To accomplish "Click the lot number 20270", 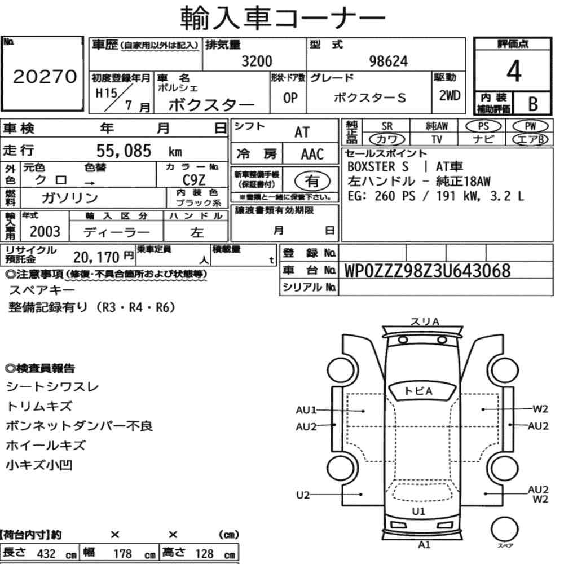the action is (x=45, y=77).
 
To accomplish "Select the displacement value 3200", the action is (x=257, y=61).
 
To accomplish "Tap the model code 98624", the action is (x=389, y=61).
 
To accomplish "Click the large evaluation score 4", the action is (x=514, y=71).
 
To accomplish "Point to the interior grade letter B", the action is (x=533, y=104).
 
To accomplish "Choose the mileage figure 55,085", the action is (x=124, y=151).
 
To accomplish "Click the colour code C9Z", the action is (x=194, y=180).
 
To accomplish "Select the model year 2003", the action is (x=45, y=232).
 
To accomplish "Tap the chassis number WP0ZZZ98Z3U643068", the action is (x=428, y=271).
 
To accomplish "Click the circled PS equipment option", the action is (x=483, y=126).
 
